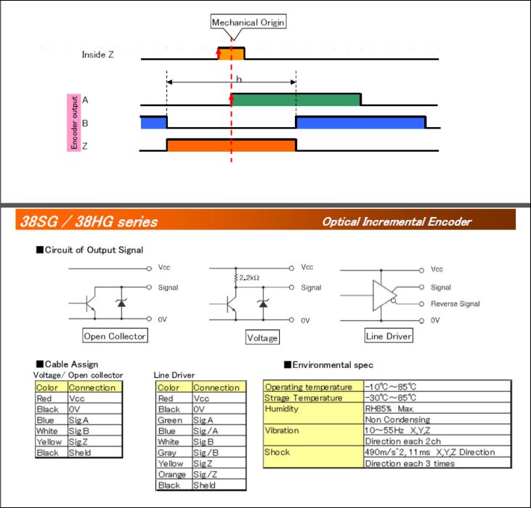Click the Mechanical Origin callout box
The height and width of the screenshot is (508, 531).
248,22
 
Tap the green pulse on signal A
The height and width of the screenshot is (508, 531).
296,99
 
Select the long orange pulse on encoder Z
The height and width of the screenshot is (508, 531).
231,145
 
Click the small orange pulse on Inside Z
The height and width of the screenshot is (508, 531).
231,54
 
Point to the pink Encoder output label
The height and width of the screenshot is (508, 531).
73,123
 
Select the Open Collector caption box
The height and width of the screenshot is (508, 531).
115,336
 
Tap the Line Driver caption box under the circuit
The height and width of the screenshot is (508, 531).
389,336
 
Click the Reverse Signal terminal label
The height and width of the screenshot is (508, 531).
455,304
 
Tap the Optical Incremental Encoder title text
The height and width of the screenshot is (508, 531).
397,222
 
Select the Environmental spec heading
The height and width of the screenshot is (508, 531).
333,364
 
